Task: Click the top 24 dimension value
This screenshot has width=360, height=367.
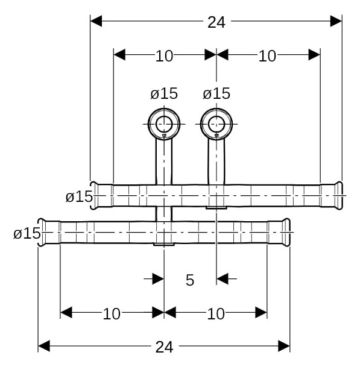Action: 216,22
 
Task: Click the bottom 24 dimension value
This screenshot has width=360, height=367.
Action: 164,347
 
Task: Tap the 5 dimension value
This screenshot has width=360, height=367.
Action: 190,280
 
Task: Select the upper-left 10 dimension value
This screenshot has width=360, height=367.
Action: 164,56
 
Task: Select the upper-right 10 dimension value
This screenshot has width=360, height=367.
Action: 267,56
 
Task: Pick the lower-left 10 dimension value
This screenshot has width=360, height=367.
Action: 112,313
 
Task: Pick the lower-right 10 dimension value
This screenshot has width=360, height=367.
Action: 215,313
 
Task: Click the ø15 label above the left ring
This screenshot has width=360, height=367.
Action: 164,93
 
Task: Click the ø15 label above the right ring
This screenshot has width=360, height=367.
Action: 216,93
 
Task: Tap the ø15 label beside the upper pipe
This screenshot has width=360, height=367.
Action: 79,196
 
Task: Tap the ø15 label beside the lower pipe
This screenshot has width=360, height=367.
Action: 27,233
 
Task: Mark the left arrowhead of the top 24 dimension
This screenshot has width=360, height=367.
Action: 96,22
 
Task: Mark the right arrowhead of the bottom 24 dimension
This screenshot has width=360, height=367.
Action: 284,346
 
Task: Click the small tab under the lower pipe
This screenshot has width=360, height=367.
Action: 164,245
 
